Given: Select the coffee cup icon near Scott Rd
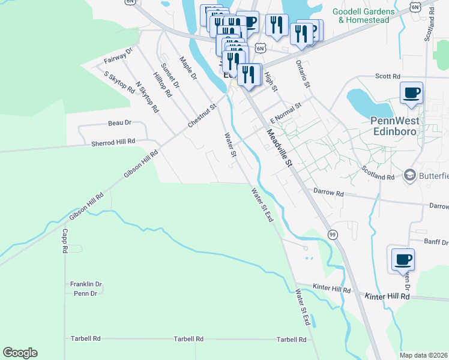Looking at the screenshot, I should tap(412, 93).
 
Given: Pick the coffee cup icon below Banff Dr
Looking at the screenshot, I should tap(402, 260).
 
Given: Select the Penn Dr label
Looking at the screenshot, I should tap(85, 293).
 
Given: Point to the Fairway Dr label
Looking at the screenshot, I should tap(117, 56).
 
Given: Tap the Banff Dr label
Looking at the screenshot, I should tap(436, 242).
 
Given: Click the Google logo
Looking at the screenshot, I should tap(20, 353).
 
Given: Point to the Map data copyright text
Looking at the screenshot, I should tap(423, 355).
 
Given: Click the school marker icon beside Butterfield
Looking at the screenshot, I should tap(411, 175).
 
